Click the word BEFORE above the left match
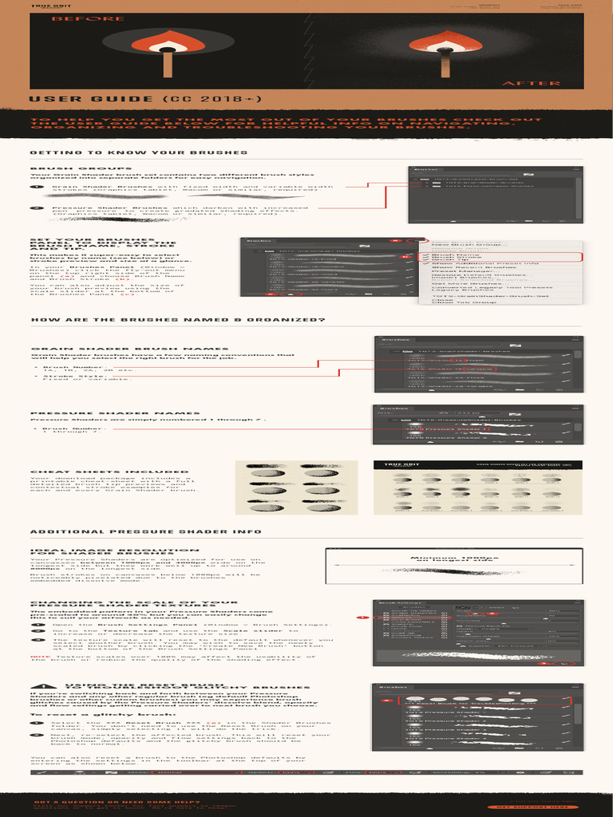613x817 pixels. pos(77,18)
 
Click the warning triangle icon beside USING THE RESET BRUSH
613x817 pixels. pos(41,685)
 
